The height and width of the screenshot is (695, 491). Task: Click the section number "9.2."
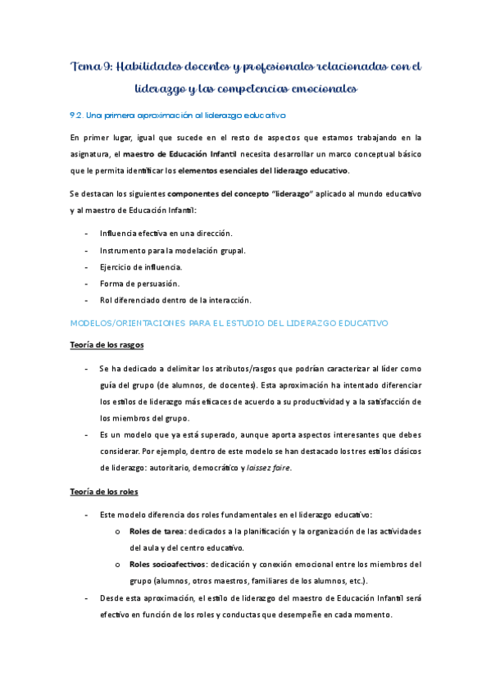80,116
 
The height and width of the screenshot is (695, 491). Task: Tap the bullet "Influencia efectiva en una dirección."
166,234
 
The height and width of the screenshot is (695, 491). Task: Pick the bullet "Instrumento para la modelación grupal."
172,250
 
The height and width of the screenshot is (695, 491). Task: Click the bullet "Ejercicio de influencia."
142,266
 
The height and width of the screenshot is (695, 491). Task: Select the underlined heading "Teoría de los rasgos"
107,345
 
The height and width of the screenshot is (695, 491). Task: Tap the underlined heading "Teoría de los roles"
104,492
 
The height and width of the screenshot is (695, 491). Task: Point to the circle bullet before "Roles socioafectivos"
119,565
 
